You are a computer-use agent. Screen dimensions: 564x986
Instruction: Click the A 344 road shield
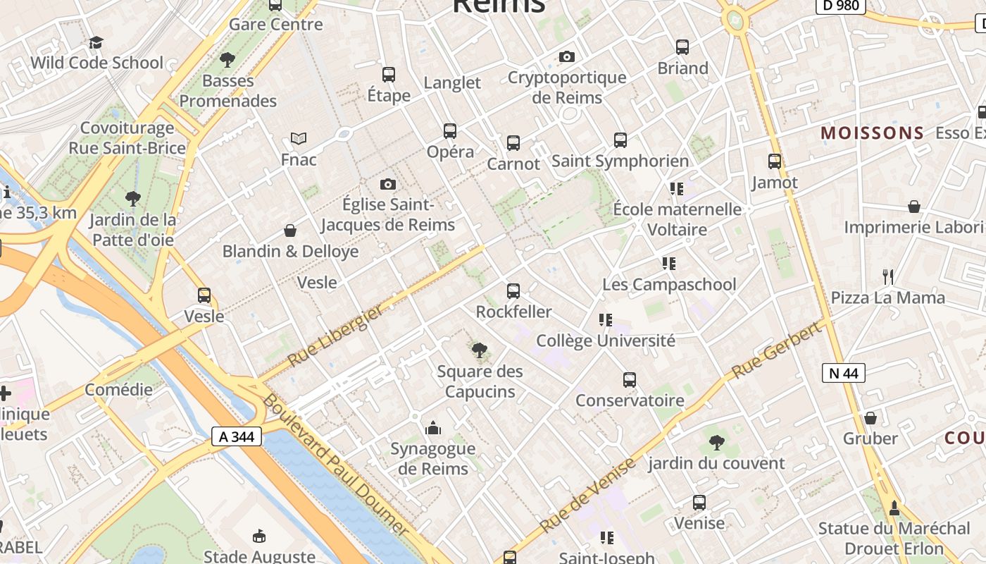pos(237,437)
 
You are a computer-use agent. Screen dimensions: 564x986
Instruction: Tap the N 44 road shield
pos(843,373)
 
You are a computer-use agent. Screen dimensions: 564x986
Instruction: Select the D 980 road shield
pos(840,6)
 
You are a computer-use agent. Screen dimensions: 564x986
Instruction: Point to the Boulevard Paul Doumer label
pos(335,465)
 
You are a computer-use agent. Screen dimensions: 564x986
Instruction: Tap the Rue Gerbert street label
pos(776,350)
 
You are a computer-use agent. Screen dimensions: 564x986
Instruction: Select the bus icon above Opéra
pos(450,130)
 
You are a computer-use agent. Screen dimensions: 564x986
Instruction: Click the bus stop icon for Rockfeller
pos(513,290)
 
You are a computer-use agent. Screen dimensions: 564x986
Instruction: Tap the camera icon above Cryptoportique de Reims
pos(566,56)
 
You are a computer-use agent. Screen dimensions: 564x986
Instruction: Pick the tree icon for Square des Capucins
pos(480,350)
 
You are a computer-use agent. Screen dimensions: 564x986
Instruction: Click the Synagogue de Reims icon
pos(433,427)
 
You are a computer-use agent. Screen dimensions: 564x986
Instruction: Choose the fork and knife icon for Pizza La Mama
pos(888,276)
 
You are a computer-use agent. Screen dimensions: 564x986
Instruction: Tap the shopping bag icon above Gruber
pos(870,417)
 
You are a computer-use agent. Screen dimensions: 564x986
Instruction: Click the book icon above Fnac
pos(299,139)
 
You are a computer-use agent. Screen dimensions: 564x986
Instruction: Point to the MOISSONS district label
pos(872,133)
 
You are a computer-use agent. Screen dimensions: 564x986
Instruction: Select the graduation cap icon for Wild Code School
pos(96,42)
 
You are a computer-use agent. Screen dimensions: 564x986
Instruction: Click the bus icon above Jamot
pos(775,161)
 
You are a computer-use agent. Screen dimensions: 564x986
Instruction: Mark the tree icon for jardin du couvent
pos(716,443)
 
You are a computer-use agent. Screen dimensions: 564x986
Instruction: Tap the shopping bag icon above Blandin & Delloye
pos(290,231)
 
